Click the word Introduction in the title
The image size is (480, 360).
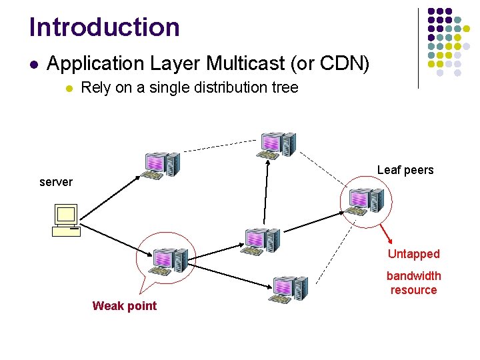[x=105, y=27]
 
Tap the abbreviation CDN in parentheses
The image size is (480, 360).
[x=347, y=64]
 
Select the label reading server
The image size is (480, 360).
[x=56, y=182]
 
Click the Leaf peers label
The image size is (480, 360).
[x=405, y=170]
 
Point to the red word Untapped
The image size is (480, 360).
[x=414, y=254]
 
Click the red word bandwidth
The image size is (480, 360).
[x=414, y=276]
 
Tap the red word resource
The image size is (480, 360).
[x=414, y=290]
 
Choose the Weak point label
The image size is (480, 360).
[x=125, y=306]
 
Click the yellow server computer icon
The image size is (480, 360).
[x=66, y=221]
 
